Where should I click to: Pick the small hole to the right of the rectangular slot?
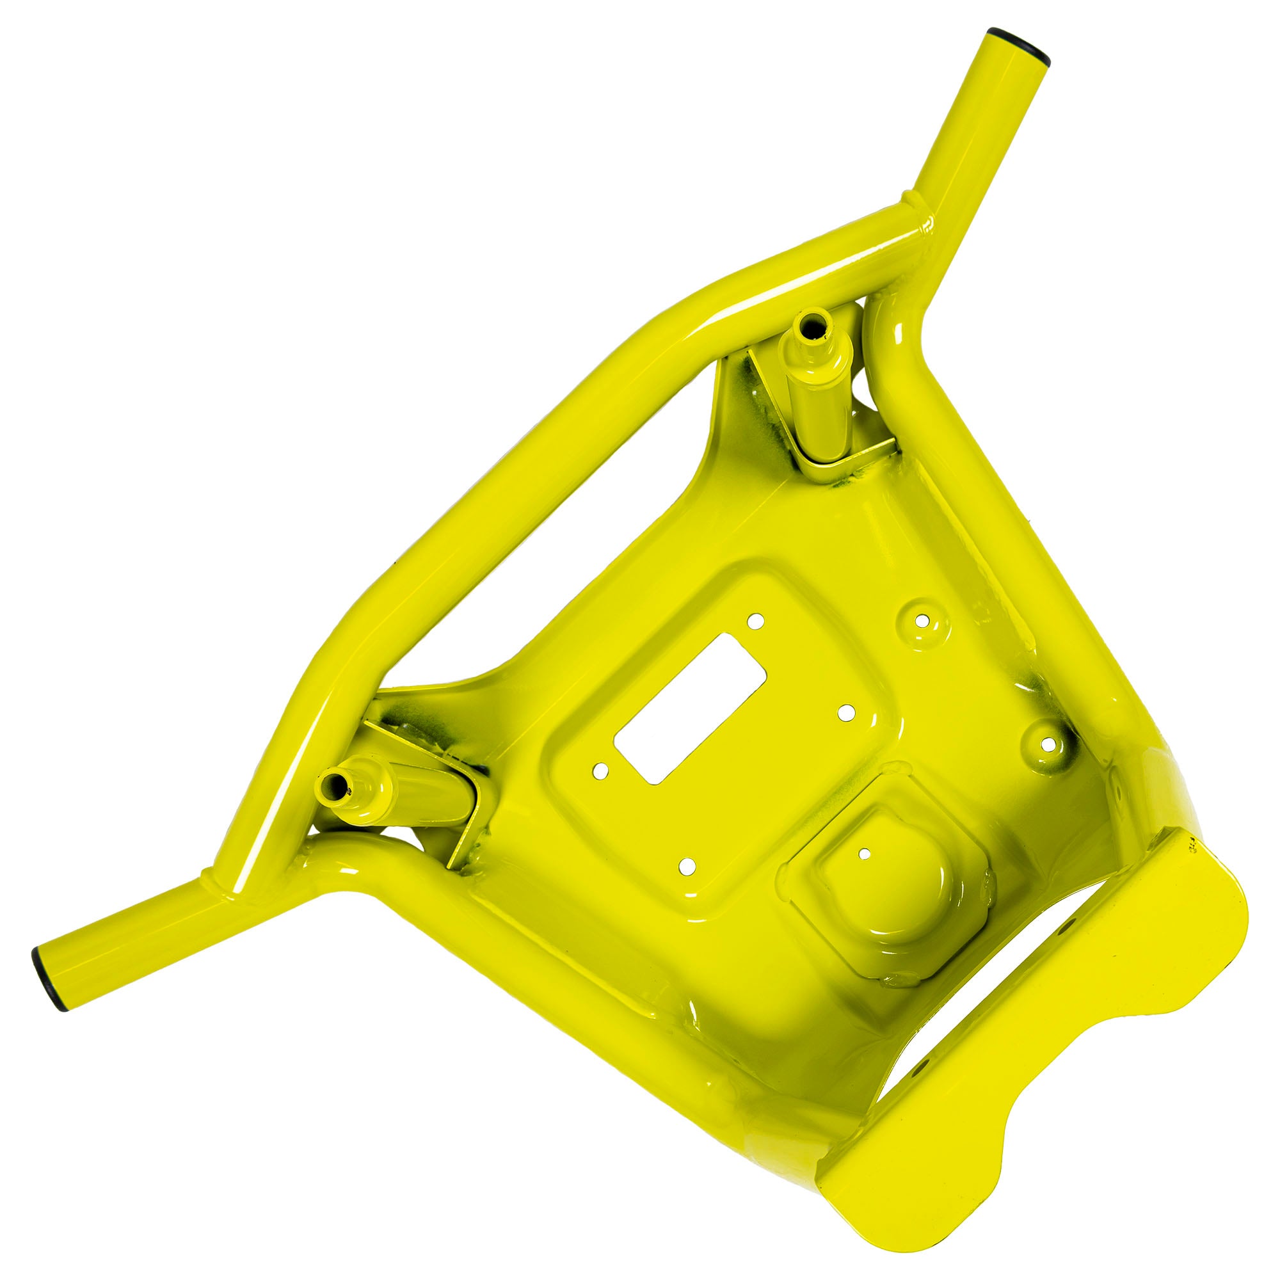pyautogui.click(x=844, y=713)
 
